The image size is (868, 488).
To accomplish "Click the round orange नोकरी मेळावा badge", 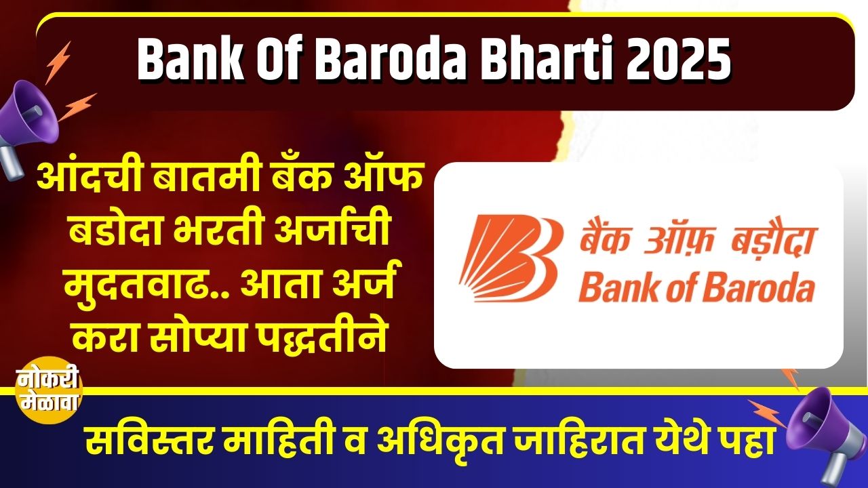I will click(x=48, y=390).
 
